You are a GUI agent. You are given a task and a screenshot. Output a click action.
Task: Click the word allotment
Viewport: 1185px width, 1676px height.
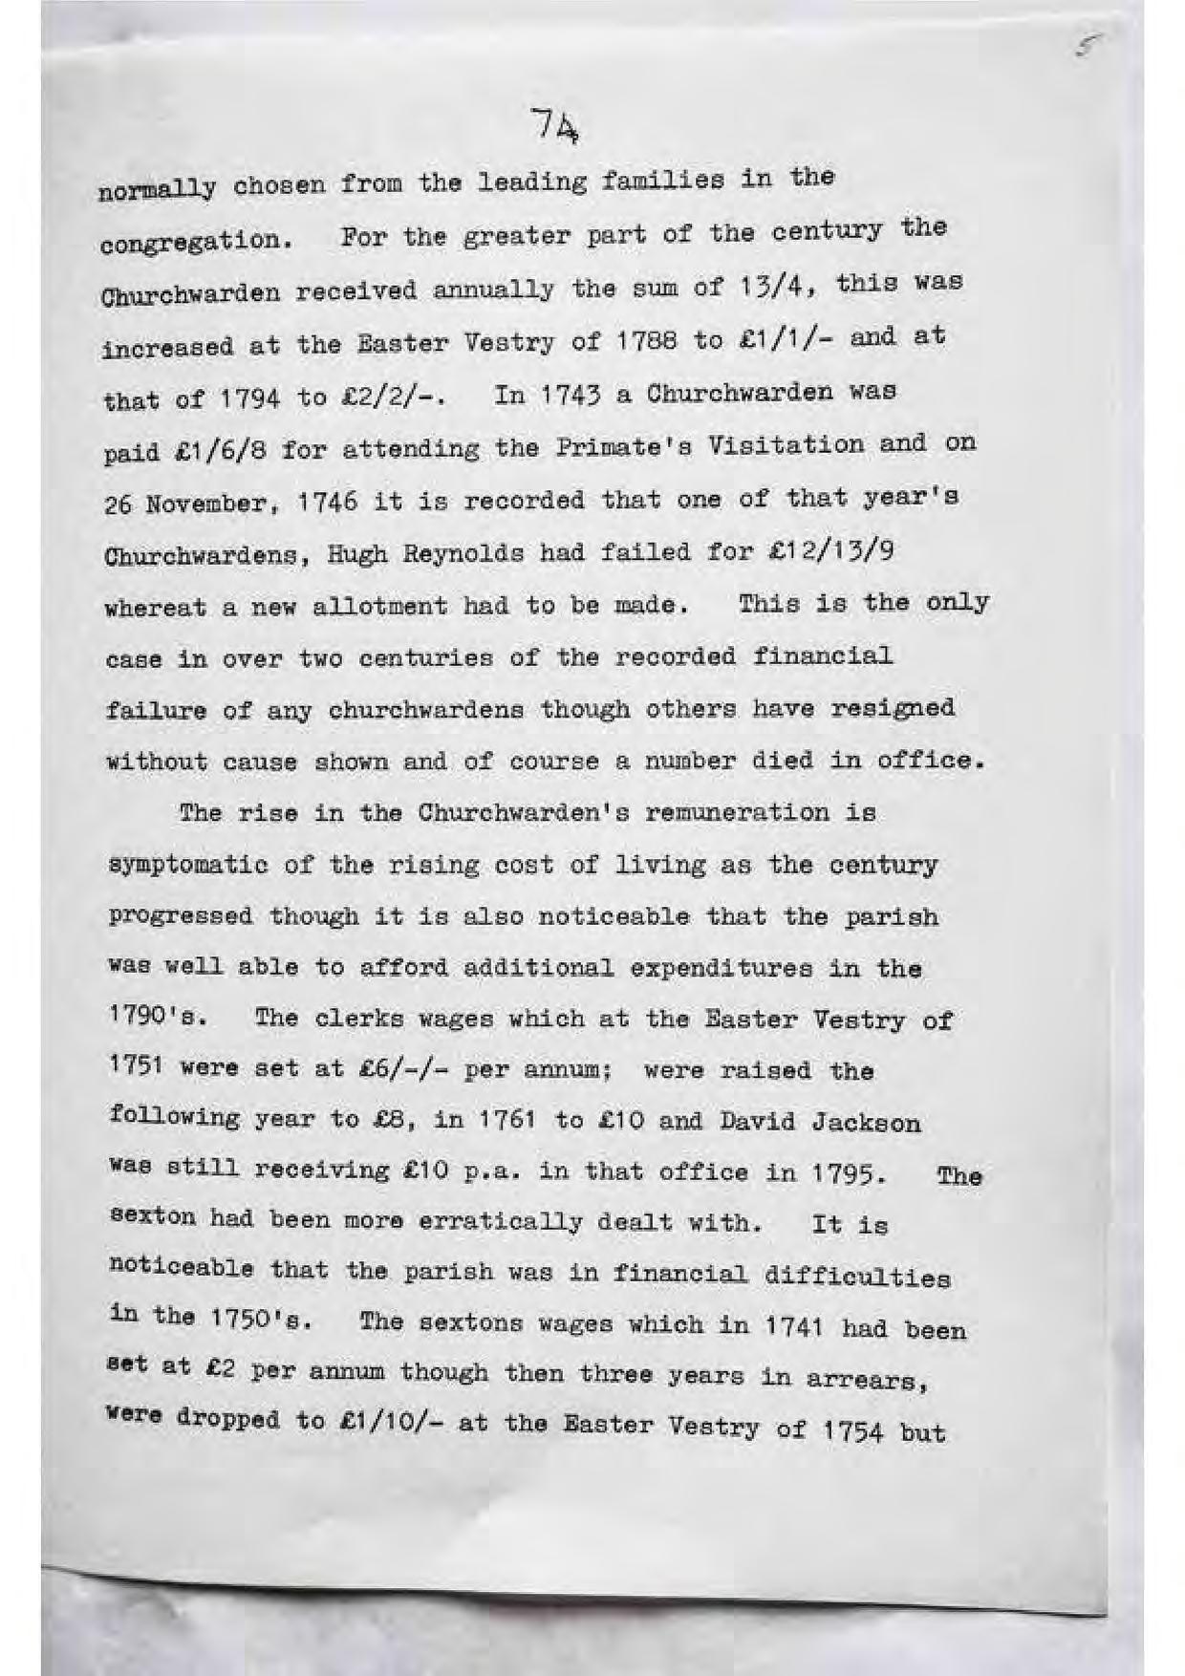coord(379,607)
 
